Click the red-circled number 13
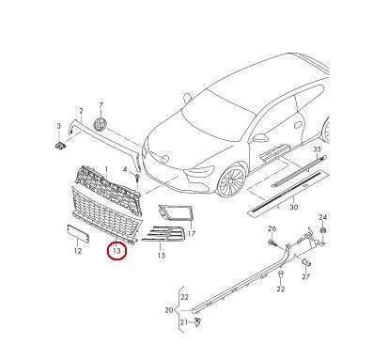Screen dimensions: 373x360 tap(117, 251)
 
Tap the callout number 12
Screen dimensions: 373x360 tap(78, 251)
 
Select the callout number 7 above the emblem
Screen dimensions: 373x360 tap(101, 105)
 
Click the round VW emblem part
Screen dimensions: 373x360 tap(100, 123)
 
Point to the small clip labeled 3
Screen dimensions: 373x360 tap(60, 145)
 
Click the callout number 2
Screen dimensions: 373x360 tap(81, 111)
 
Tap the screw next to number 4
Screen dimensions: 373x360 tap(137, 179)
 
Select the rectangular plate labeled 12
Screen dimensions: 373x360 tap(78, 233)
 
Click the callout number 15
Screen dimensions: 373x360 tap(161, 256)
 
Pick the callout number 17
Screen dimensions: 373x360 tap(192, 233)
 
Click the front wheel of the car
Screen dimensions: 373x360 tap(232, 180)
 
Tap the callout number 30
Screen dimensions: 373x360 tap(293, 207)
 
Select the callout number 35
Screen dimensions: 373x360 tap(317, 149)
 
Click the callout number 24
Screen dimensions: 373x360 tap(323, 217)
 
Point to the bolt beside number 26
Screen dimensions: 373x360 tap(272, 242)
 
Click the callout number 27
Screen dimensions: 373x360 tap(306, 276)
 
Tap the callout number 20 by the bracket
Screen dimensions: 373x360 tap(169, 310)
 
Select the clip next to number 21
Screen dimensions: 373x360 tap(197, 321)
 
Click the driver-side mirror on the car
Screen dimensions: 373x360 tap(259, 138)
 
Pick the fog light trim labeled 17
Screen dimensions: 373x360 tap(177, 212)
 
